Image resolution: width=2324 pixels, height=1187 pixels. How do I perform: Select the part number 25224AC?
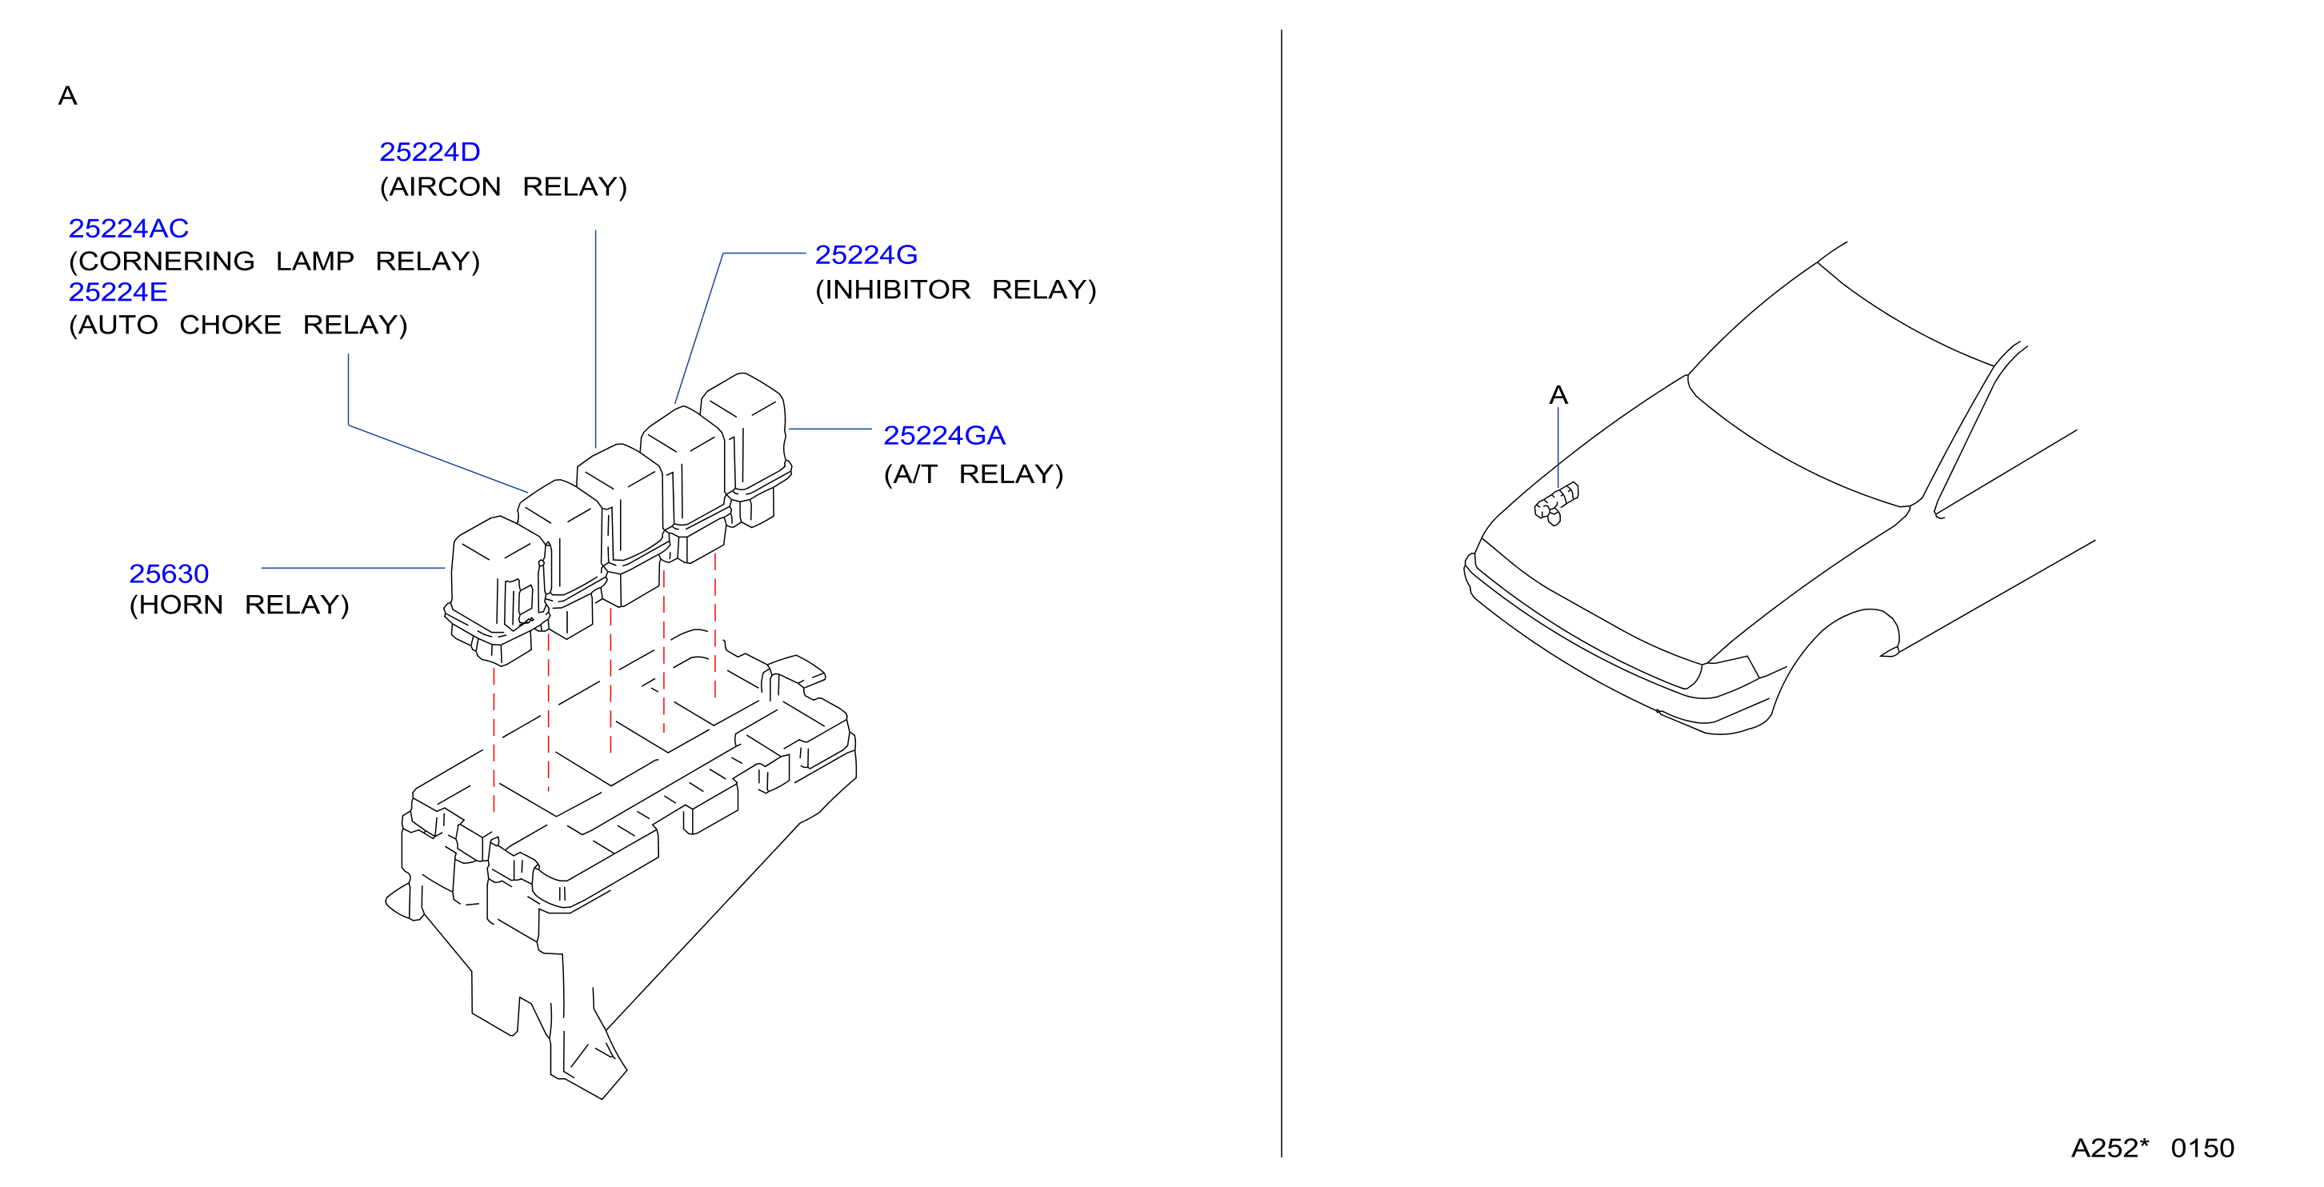click(x=129, y=228)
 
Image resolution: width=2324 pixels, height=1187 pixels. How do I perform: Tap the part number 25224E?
click(x=118, y=292)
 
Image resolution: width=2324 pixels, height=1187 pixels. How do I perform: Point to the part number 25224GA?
click(x=944, y=436)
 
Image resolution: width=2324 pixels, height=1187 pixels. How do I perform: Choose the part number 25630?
click(x=169, y=574)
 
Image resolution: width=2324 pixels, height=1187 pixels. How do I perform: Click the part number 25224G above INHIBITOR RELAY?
click(x=866, y=255)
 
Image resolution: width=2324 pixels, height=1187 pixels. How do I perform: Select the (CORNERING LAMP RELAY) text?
click(x=274, y=262)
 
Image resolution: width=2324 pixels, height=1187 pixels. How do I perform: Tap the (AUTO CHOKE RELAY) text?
click(x=238, y=325)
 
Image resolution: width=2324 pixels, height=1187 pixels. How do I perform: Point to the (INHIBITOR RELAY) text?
click(x=955, y=290)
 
